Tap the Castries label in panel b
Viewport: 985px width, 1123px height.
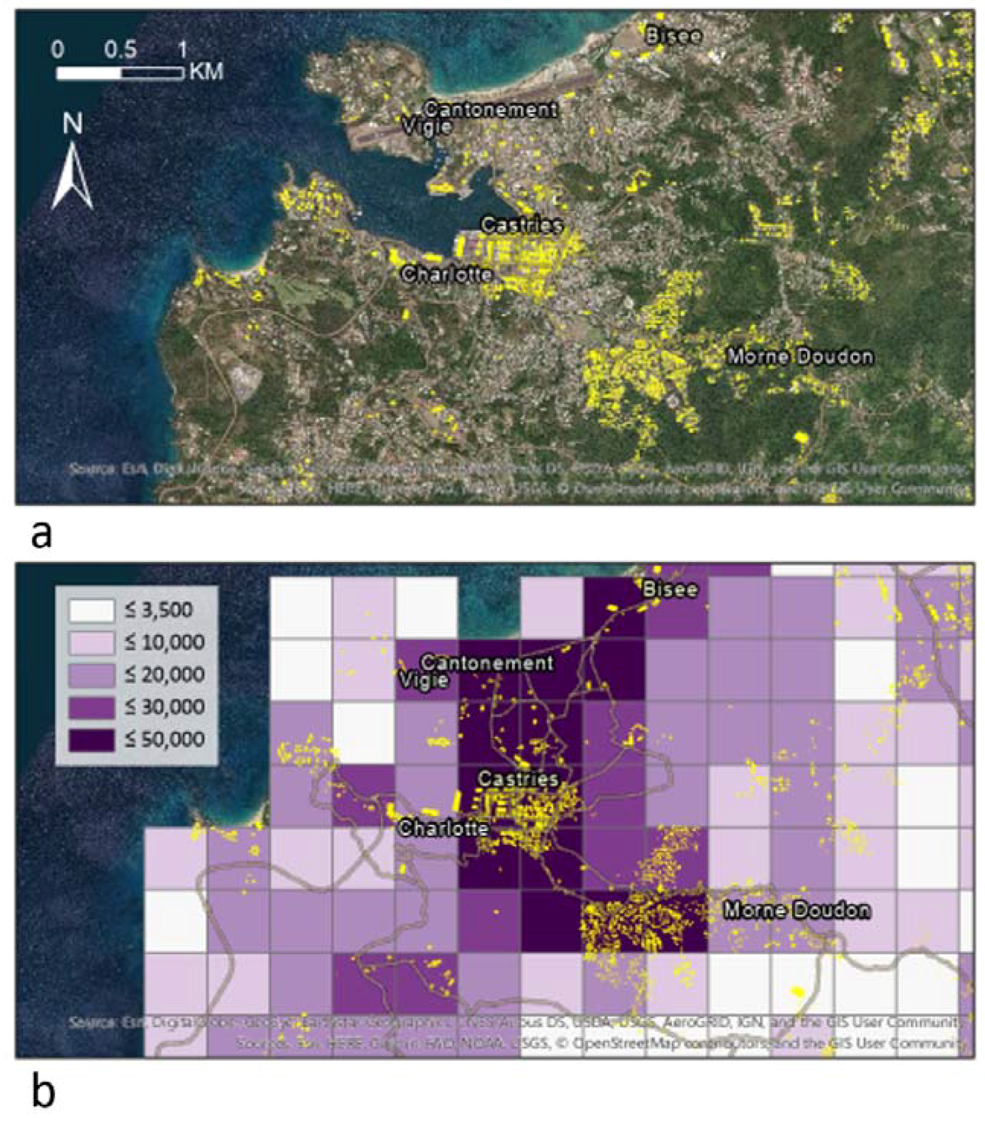pos(518,778)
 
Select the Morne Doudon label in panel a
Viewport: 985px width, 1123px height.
pos(800,357)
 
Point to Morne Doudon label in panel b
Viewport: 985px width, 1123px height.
pos(796,910)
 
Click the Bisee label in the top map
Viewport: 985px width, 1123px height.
pos(673,36)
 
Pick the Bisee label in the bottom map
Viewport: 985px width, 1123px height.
pos(670,590)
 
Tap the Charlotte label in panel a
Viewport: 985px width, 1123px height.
pos(446,274)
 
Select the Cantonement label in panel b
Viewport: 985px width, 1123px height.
pos(487,663)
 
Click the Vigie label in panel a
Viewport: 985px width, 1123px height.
pos(427,127)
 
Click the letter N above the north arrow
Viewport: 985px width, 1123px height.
pos(72,124)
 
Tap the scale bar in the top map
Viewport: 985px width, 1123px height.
pos(120,73)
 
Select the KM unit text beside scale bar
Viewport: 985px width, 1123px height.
pos(207,71)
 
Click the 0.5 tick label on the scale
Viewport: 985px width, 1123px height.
pos(120,51)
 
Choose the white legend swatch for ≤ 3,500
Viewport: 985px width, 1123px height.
pos(91,610)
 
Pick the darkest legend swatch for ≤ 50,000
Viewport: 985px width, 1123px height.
pos(91,739)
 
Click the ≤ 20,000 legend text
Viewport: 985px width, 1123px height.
pos(165,675)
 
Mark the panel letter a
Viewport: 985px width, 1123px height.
pos(42,534)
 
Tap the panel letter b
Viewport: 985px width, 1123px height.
pos(43,1090)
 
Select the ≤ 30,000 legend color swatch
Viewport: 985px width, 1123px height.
pos(91,707)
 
